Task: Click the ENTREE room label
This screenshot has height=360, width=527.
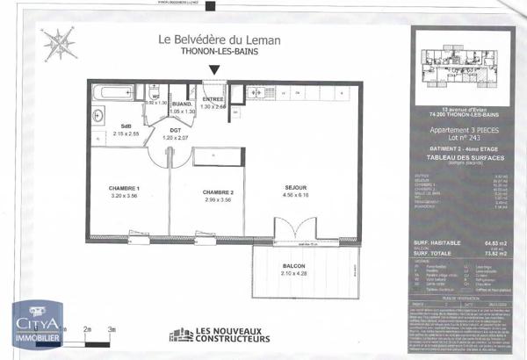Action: pos(213,99)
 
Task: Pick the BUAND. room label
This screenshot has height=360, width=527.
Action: pos(181,105)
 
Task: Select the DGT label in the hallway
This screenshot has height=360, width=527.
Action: pos(176,132)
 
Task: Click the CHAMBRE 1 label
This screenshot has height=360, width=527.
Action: pos(125,191)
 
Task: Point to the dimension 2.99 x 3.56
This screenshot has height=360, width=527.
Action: pos(217,199)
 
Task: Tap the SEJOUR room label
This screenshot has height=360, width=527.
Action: pos(295,188)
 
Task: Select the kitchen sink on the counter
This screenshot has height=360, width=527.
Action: pos(262,90)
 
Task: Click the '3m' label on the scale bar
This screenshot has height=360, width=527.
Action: pos(112,328)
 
